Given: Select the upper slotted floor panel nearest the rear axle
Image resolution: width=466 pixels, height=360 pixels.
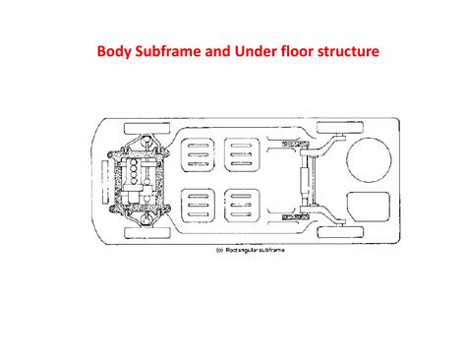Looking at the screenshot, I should (242, 154).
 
